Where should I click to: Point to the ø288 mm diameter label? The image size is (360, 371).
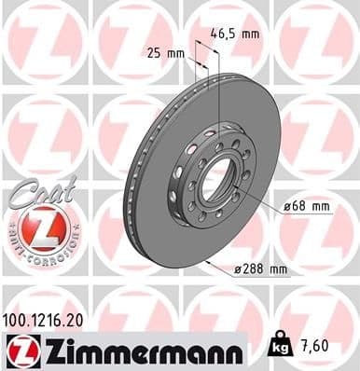coord(261,268)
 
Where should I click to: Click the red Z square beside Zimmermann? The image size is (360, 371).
coord(20,350)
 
